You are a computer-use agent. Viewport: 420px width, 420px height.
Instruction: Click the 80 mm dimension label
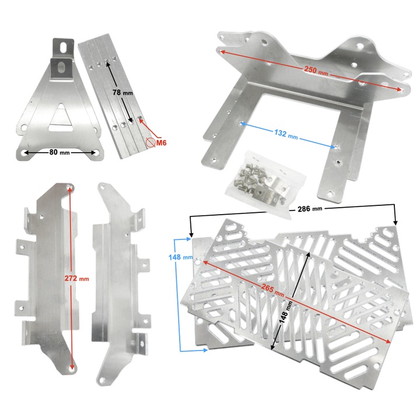[x=60, y=152]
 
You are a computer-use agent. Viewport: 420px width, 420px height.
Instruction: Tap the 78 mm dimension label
[x=123, y=92]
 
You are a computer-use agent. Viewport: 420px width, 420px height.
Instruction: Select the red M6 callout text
[x=161, y=143]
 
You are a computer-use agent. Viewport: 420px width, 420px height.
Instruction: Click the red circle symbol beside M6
[x=150, y=142]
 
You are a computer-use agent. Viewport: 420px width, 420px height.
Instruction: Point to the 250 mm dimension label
[x=316, y=70]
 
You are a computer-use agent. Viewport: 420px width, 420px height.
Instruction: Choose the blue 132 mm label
[x=286, y=134]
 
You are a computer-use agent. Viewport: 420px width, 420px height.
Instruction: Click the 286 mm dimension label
[x=310, y=208]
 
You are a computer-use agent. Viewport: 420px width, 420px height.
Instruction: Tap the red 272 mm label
[x=76, y=278]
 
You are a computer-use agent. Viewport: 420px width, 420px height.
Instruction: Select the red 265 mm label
[x=272, y=290]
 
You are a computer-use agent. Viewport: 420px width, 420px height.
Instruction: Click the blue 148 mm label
[x=180, y=257]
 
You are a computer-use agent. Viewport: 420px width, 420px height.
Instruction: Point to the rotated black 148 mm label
[x=285, y=312]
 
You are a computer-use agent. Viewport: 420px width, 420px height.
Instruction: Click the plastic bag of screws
[x=265, y=185]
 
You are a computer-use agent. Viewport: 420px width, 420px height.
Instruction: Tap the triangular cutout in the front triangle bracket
[x=61, y=118]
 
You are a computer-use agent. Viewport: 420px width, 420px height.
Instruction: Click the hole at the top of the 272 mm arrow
[x=70, y=187]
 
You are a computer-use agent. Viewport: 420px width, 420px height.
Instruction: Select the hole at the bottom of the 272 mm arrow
[x=72, y=369]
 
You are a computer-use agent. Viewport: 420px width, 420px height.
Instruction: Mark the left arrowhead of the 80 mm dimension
[x=26, y=153]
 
